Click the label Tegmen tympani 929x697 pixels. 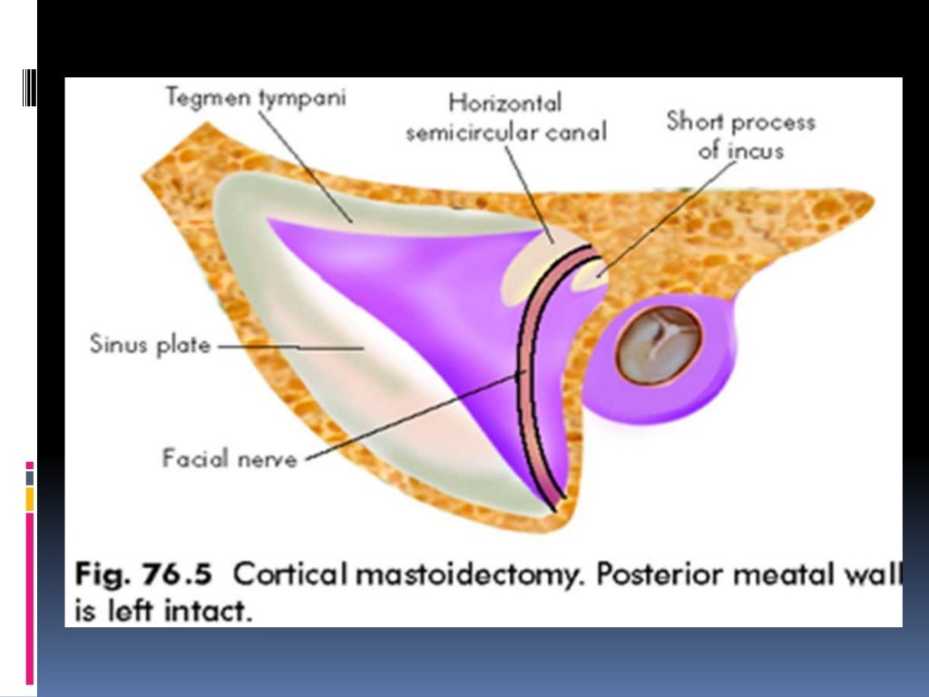[255, 97]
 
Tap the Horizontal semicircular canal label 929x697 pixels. [505, 117]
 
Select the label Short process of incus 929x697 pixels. [740, 135]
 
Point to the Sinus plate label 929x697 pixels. [150, 345]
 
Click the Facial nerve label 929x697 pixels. [230, 458]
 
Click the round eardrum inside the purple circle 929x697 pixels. [660, 345]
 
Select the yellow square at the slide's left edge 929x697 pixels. [30, 498]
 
